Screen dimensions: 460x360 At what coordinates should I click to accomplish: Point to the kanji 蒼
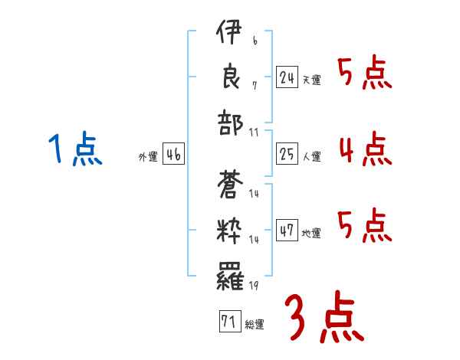230,185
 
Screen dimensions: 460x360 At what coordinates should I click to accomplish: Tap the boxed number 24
287,77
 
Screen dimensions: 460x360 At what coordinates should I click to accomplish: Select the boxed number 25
287,154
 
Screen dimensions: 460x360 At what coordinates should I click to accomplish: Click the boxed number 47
287,231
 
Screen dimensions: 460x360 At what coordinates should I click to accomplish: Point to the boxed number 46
173,154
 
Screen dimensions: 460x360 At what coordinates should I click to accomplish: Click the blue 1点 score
75,149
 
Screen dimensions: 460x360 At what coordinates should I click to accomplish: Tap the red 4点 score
364,148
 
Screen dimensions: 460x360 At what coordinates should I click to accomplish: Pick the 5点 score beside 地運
364,224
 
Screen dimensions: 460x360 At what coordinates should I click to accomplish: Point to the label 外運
148,157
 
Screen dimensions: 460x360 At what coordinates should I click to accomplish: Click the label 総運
255,325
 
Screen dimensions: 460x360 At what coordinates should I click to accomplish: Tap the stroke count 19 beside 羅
254,286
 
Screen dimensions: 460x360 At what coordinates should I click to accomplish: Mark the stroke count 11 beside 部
255,133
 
